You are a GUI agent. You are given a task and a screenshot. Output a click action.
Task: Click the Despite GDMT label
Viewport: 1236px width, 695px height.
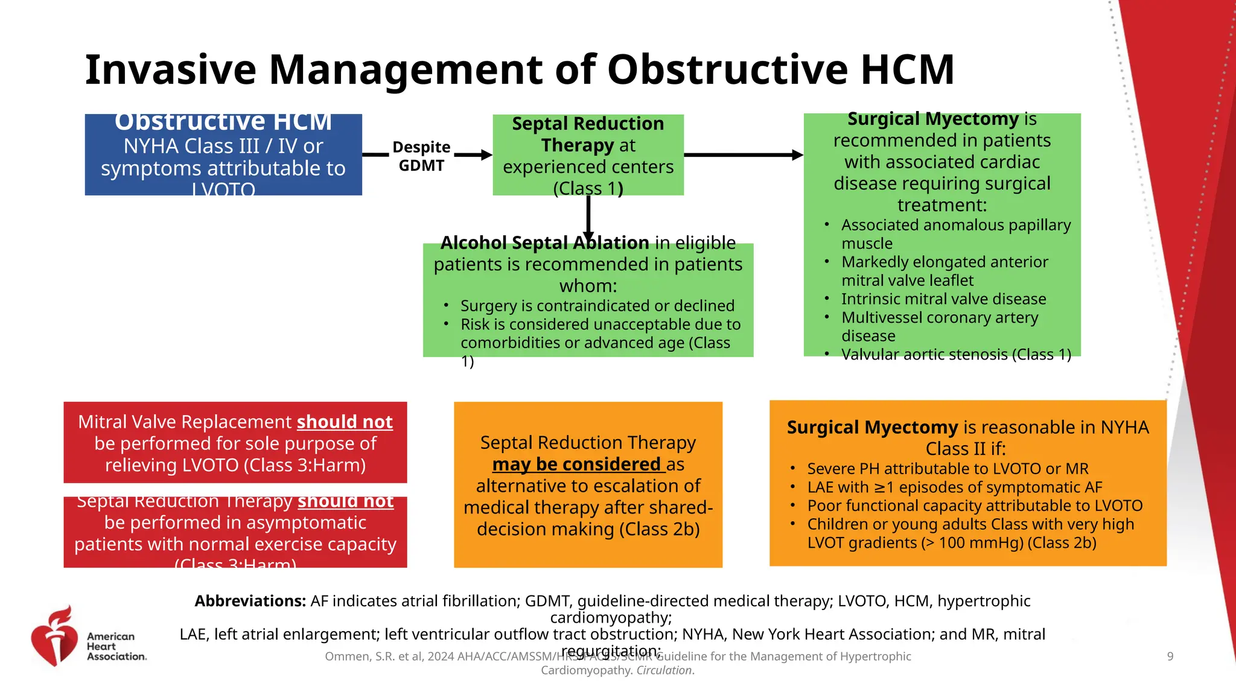tap(421, 156)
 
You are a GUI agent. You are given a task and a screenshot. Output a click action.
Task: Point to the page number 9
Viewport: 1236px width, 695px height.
tap(1170, 656)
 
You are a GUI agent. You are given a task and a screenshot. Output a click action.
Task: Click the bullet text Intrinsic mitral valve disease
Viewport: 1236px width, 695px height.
tap(943, 299)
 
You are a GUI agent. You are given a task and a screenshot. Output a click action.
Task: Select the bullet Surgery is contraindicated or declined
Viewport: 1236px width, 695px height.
tap(597, 306)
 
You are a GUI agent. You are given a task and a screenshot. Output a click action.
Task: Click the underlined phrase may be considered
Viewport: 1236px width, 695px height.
tap(576, 465)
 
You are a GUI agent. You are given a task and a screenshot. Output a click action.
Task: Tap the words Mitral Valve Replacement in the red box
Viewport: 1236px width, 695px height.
tap(185, 422)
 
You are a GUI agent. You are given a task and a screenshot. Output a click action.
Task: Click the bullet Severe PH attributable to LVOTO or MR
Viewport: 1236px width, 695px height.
tap(948, 469)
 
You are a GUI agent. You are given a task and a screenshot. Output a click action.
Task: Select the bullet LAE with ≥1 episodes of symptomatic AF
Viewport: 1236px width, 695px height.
tap(954, 487)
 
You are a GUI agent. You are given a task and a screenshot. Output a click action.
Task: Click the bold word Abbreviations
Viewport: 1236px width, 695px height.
tap(250, 601)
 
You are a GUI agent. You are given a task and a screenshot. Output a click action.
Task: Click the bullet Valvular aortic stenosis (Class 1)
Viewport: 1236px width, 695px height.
tap(956, 355)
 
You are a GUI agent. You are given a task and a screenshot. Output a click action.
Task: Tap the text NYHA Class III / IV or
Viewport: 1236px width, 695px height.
tap(223, 147)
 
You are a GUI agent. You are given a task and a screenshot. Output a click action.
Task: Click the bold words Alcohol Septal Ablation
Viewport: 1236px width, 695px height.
tap(544, 243)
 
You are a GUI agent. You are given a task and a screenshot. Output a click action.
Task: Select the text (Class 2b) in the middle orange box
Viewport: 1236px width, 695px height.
tap(659, 529)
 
